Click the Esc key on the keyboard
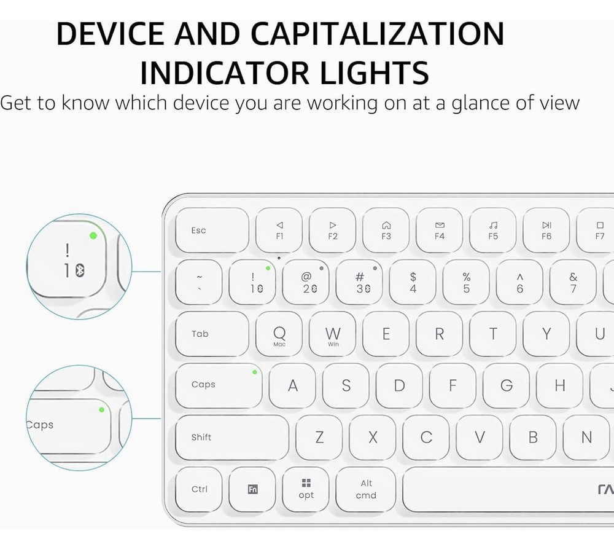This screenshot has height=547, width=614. pos(212,231)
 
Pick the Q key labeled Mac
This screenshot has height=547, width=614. pos(279,335)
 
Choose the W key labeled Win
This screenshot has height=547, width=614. pos(333,335)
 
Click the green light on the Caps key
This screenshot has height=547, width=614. pos(254,372)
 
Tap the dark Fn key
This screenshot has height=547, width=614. pos(252,489)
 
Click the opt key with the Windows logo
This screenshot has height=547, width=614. pos(306,489)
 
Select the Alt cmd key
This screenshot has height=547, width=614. pos(366,489)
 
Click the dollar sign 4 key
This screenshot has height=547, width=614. pos(413,283)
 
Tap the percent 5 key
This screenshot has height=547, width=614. pos(467,283)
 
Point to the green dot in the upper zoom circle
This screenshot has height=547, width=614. pos(93,235)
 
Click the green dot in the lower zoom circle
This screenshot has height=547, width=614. pos(102,409)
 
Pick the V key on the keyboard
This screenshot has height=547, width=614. pos(480,438)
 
